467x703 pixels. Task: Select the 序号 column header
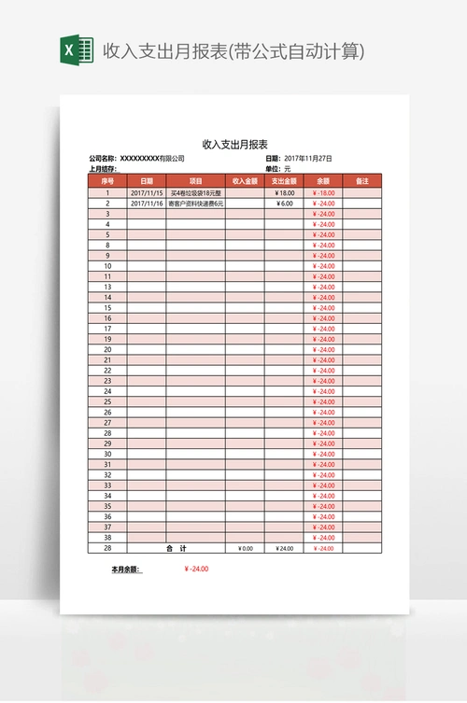[107, 180]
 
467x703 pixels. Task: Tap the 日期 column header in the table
[147, 180]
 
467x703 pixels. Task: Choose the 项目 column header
[196, 180]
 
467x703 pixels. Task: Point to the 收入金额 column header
[245, 180]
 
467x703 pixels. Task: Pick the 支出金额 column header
[284, 180]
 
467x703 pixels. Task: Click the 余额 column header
[323, 180]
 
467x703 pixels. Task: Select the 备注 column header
[362, 180]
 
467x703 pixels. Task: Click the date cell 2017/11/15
[147, 192]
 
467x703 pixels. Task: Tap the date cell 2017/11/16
[147, 203]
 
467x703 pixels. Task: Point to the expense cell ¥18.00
[285, 192]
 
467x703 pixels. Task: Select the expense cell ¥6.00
[285, 203]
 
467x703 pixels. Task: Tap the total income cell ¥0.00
[245, 548]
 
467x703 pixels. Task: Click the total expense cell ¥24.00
[285, 548]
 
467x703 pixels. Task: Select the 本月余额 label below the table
[125, 569]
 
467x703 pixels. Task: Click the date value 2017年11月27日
[307, 159]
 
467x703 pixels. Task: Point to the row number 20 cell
[107, 349]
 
